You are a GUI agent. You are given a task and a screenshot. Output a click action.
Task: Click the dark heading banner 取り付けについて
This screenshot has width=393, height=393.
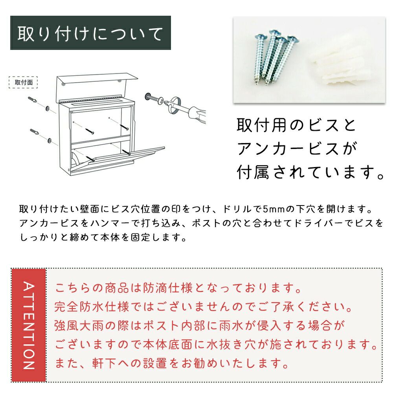point(90,33)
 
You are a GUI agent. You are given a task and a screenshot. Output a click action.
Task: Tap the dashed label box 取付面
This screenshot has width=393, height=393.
point(23,83)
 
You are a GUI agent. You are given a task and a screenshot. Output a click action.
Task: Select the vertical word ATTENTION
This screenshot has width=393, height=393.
point(29,325)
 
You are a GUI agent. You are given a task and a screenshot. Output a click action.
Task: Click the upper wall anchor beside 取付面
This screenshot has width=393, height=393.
point(32,99)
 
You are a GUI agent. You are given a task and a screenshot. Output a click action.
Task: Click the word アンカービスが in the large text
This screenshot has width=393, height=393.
point(297,149)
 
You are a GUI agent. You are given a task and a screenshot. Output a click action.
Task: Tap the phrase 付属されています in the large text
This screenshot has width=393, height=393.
point(307,172)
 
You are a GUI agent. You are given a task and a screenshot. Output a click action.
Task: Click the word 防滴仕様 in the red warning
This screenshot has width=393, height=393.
point(167,288)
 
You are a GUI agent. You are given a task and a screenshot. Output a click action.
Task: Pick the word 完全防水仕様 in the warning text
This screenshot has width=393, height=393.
point(92,307)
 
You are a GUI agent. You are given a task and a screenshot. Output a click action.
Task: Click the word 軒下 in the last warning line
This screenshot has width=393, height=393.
point(104,364)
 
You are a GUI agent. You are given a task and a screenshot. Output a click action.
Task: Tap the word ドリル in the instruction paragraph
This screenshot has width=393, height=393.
point(236,209)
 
